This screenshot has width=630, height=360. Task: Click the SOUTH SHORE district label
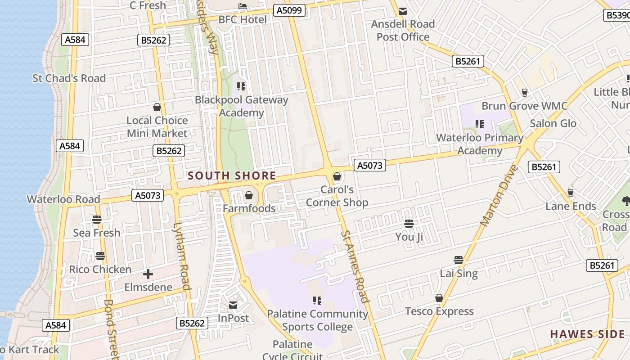tap(232, 176)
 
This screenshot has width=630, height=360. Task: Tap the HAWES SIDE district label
tap(587, 334)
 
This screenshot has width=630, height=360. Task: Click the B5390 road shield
tap(617, 15)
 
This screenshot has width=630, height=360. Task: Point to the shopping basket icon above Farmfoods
tap(248, 195)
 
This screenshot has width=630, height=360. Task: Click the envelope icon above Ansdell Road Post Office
tap(403, 11)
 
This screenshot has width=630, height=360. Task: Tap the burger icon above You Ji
tap(409, 223)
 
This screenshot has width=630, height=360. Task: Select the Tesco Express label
tap(439, 311)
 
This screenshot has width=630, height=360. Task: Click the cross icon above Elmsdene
tap(148, 274)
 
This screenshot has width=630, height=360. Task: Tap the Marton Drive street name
tap(499, 196)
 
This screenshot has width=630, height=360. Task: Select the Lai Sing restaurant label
tap(459, 273)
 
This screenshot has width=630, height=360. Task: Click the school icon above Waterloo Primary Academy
tap(480, 124)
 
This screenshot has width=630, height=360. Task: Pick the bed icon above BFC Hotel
tap(243, 6)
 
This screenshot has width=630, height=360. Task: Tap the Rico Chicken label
tap(100, 270)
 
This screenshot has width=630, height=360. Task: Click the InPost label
tap(233, 318)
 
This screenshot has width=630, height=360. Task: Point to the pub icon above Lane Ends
tap(571, 193)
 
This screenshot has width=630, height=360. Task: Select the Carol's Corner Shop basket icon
tap(337, 176)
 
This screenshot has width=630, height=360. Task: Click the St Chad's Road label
tap(69, 78)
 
